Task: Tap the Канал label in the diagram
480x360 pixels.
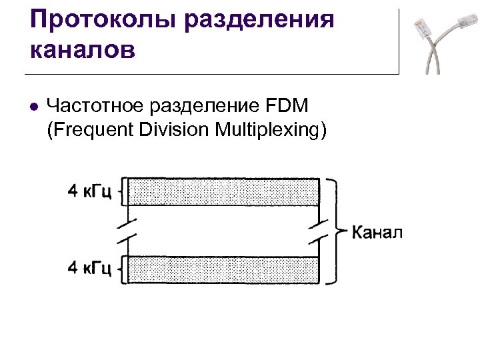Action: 377,233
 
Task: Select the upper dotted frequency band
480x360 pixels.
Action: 223,192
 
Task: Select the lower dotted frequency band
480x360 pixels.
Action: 223,270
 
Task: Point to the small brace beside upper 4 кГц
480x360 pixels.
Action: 120,193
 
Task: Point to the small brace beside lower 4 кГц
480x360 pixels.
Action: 120,270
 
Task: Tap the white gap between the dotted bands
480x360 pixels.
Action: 223,231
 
